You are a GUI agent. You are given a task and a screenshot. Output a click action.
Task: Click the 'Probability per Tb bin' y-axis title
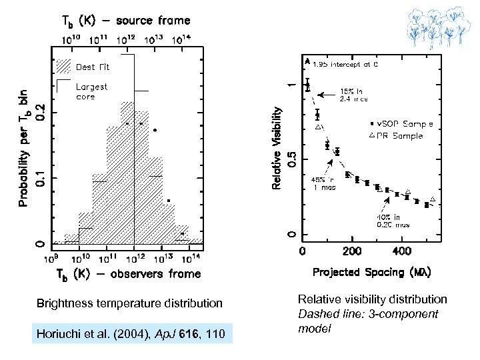pyautogui.click(x=23, y=147)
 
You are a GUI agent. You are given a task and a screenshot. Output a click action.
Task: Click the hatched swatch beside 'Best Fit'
pyautogui.click(x=63, y=67)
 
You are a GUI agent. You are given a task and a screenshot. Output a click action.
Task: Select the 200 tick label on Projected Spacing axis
pyautogui.click(x=352, y=252)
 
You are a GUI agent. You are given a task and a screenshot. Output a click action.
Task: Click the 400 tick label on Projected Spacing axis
pyautogui.click(x=401, y=252)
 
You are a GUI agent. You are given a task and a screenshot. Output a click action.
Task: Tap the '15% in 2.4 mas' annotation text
pyautogui.click(x=353, y=95)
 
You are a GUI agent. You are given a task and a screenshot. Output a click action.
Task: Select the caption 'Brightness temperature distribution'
pyautogui.click(x=130, y=303)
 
